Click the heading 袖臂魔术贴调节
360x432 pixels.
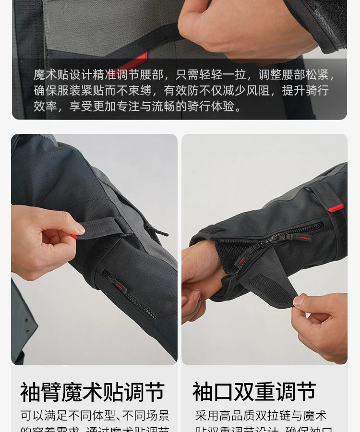(92, 392)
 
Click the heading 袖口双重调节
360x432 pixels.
(254, 392)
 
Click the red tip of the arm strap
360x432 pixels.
(74, 236)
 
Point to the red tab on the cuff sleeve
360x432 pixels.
(336, 208)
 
